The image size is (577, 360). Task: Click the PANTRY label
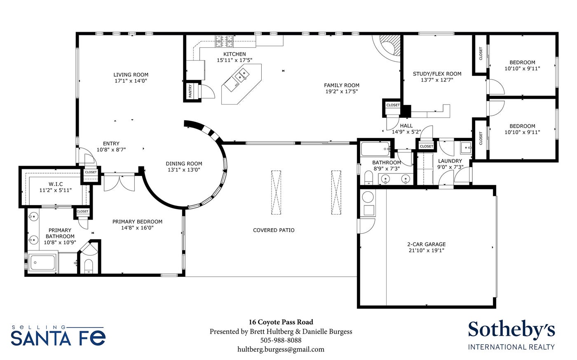coord(190,91)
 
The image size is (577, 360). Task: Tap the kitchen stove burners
coord(224,41)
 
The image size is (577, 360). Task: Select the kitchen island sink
coord(242,75)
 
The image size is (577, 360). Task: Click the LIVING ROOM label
coord(131,75)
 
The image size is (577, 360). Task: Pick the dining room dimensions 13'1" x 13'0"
coord(184,170)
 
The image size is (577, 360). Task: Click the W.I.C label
coord(56,184)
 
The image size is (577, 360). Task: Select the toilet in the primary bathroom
coord(88,266)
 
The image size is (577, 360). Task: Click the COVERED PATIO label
coord(274,230)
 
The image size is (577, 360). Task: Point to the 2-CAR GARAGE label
coord(427,244)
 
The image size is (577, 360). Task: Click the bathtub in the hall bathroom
coord(375,149)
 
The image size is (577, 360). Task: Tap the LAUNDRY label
coord(450,161)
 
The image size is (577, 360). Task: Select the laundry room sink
coord(466,148)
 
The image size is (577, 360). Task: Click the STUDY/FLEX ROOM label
coord(437,74)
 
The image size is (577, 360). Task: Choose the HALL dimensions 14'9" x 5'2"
coord(406,132)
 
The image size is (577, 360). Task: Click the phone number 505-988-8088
coord(281,340)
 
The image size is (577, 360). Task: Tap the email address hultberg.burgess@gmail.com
coord(281,349)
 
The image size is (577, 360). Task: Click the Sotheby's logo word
coord(511,330)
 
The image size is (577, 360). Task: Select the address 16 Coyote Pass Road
coord(281,322)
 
